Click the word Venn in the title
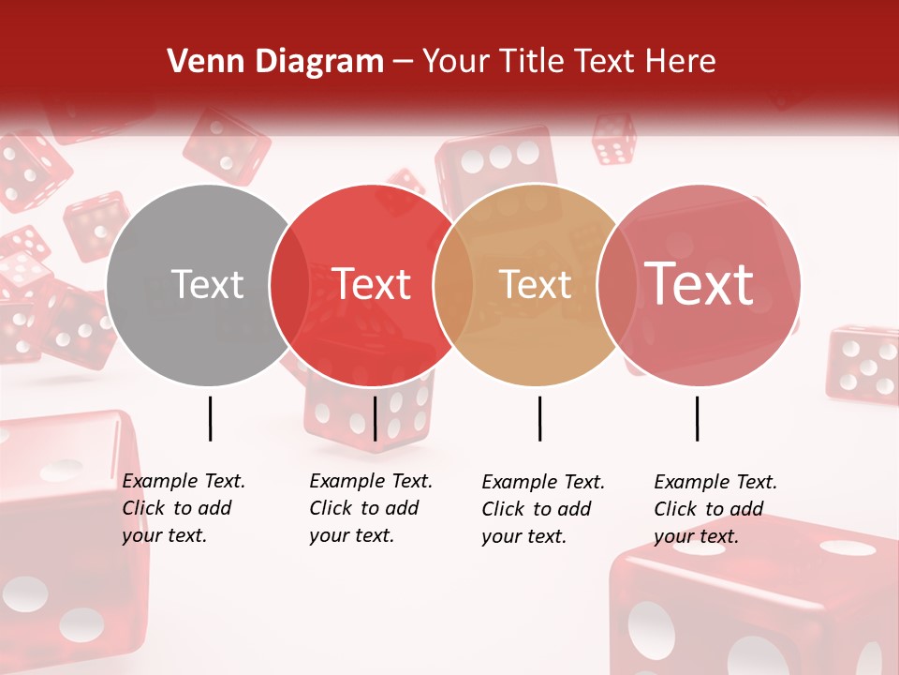199,62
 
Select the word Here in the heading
681,62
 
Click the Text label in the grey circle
207,284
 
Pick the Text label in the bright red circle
372,284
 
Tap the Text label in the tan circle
535,284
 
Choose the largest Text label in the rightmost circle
700,284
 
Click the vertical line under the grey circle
210,418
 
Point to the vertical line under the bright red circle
375,418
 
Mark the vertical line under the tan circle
539,418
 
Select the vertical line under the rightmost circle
697,418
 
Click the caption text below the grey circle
184,508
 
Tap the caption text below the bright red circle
371,508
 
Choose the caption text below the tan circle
543,509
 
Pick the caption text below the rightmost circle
715,509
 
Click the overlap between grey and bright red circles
289,285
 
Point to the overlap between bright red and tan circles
453,285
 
